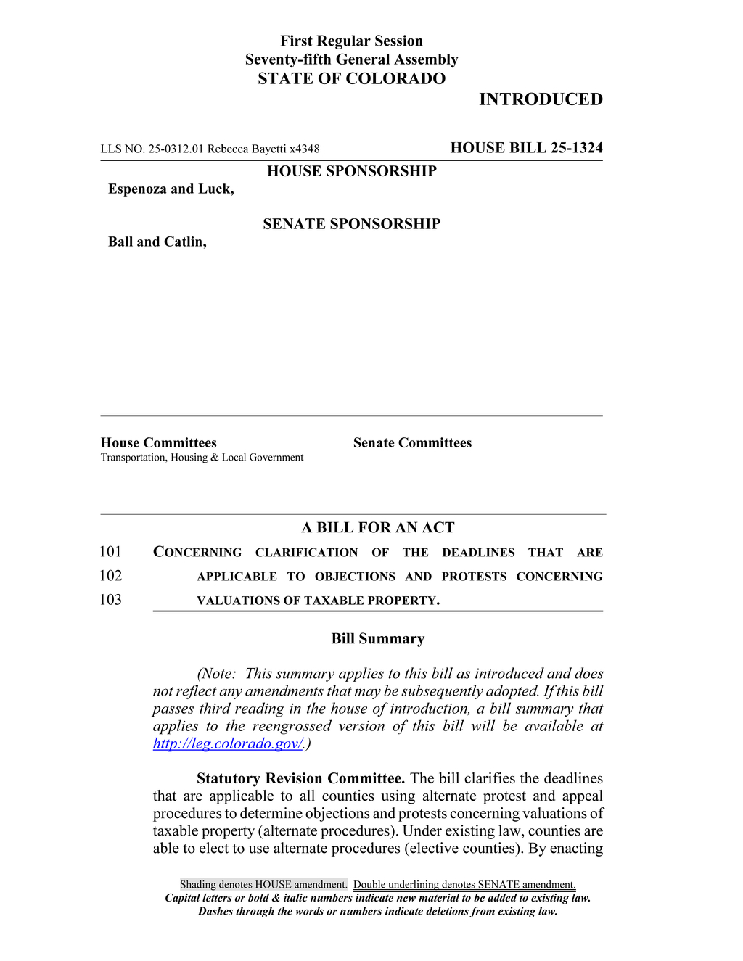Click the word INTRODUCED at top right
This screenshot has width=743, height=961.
click(541, 99)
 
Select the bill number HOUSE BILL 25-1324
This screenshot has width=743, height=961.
click(526, 148)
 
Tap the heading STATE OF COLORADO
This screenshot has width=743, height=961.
click(351, 79)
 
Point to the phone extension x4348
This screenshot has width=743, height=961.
click(304, 149)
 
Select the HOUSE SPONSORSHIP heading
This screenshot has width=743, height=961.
click(351, 171)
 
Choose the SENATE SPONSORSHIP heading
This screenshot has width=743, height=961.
click(351, 224)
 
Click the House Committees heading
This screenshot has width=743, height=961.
click(159, 443)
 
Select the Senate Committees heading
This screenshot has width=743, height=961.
click(412, 443)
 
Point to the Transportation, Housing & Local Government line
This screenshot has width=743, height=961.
click(202, 458)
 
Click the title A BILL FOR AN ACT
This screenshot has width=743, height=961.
click(378, 528)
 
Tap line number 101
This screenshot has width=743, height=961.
click(110, 552)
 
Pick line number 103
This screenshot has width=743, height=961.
click(110, 600)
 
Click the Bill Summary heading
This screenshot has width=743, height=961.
click(378, 639)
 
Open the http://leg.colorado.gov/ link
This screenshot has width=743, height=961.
click(228, 744)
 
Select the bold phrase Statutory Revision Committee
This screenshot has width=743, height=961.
click(300, 779)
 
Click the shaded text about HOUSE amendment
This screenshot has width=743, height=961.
click(263, 885)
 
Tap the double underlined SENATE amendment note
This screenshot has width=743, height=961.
click(464, 885)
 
